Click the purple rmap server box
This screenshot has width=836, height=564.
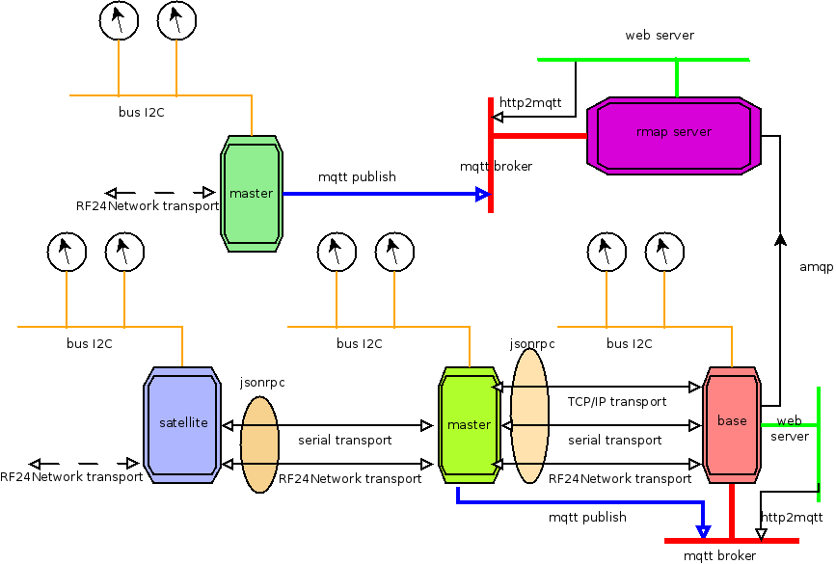[x=673, y=135]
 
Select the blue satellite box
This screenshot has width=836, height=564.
[x=182, y=425]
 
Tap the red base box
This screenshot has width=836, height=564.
[x=732, y=425]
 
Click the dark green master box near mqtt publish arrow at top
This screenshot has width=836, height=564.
[x=251, y=194]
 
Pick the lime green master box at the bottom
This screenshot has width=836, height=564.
[x=469, y=425]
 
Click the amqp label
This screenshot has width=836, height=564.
[x=817, y=267]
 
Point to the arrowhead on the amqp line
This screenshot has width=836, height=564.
[x=780, y=239]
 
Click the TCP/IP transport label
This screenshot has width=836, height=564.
[x=617, y=401]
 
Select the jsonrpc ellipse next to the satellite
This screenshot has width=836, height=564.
[x=259, y=444]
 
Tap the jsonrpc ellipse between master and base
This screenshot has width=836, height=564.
[x=529, y=416]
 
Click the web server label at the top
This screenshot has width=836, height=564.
[x=660, y=35]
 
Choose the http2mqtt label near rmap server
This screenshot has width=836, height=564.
[x=530, y=102]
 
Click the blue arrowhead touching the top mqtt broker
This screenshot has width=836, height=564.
[x=482, y=194]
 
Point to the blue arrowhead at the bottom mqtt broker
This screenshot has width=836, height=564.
[x=703, y=531]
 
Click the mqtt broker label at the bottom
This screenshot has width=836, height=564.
[x=719, y=556]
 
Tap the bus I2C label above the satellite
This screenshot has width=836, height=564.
[x=90, y=343]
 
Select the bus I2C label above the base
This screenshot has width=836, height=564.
[x=629, y=343]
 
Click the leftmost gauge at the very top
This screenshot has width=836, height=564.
[x=119, y=20]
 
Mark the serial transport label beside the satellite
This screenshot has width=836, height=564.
[x=345, y=441]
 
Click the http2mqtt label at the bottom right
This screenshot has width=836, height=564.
[x=792, y=517]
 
